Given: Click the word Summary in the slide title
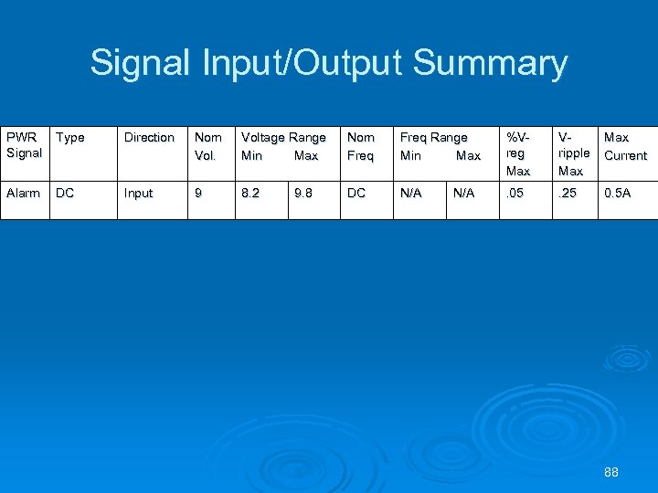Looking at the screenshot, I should click(490, 64).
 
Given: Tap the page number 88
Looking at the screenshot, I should click(611, 472).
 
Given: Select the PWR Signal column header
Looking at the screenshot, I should click(24, 145).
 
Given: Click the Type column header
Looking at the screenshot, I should click(70, 138).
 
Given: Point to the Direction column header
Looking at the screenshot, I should click(149, 138).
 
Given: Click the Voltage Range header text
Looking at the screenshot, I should click(283, 138).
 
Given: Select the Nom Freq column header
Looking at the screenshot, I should click(361, 146).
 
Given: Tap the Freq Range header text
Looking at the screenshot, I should click(434, 138).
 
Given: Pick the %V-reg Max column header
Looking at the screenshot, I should click(518, 153).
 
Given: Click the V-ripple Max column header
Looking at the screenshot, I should click(573, 153).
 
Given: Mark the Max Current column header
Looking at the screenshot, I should click(625, 146).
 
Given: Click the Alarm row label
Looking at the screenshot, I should click(23, 194).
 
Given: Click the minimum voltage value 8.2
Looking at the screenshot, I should click(250, 194).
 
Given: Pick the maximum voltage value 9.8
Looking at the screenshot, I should click(304, 194).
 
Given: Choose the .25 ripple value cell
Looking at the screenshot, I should click(569, 194).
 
